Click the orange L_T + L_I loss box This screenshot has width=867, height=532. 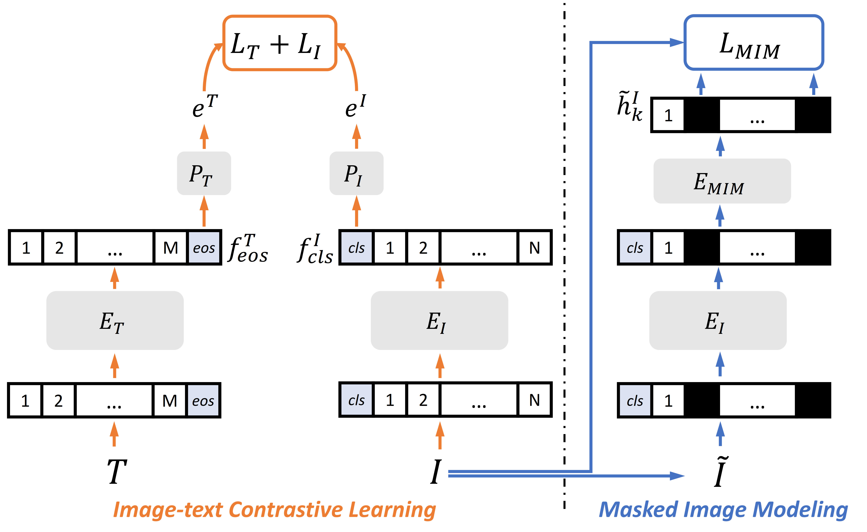[280, 43]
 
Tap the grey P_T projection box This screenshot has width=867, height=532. [204, 173]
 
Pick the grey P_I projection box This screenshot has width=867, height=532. [356, 173]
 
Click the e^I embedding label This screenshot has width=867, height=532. [355, 106]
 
